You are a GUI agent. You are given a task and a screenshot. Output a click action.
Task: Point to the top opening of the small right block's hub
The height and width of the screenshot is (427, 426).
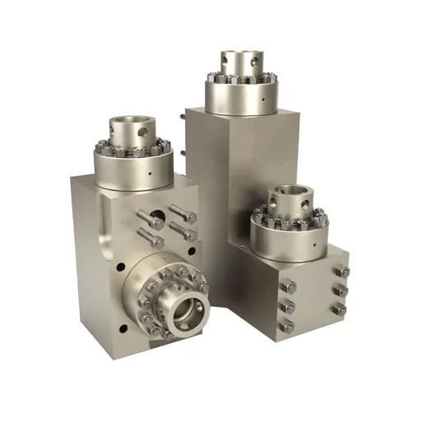290,191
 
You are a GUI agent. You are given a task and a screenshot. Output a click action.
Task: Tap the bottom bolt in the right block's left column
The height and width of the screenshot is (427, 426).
287,327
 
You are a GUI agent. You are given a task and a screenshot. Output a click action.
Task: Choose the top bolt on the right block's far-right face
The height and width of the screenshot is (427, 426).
344,272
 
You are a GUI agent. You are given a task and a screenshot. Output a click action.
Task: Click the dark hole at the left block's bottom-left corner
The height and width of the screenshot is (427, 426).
123,327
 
